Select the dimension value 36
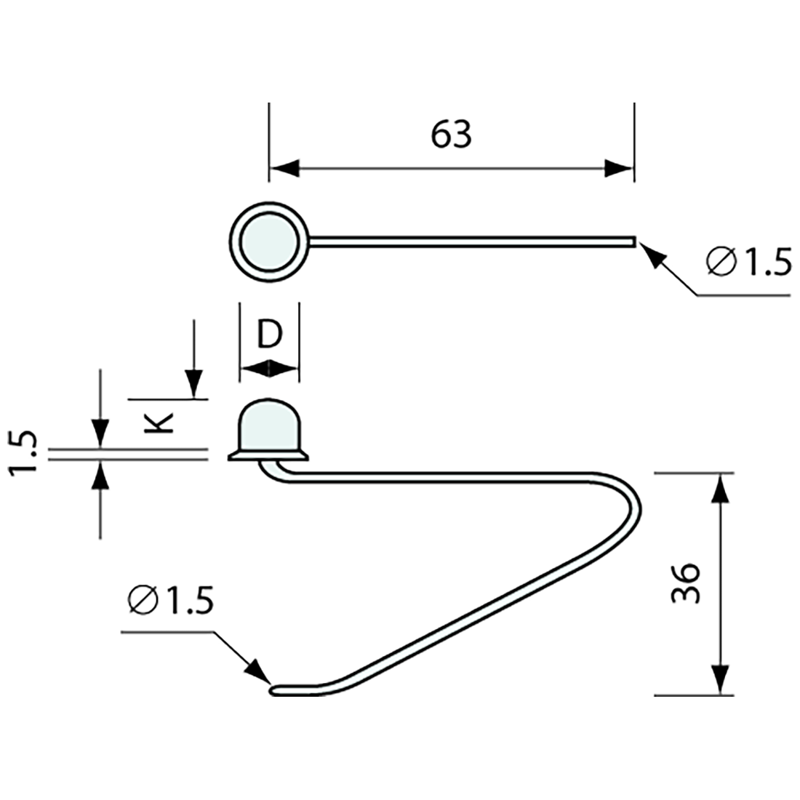(x=685, y=583)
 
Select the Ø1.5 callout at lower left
(x=170, y=601)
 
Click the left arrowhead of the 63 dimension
(x=284, y=169)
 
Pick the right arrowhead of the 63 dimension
(x=619, y=169)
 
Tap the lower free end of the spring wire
(x=276, y=689)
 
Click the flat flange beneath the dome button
(x=268, y=455)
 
